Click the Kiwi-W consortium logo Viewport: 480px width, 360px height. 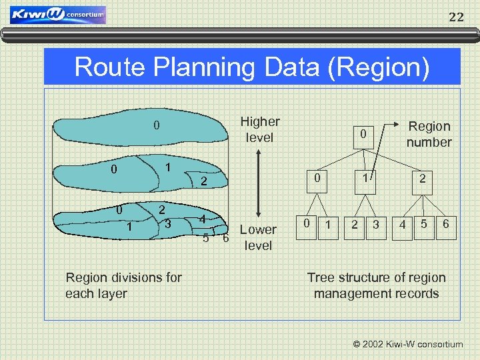coord(59,15)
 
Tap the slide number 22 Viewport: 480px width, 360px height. coord(456,17)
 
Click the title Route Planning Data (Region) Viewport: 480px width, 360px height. coord(252,67)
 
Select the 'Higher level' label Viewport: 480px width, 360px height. coord(259,129)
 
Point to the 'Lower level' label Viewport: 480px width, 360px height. coord(258,237)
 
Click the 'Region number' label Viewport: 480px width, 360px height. coord(429,134)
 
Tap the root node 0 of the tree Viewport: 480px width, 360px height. coord(363,135)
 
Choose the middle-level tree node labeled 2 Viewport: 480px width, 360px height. coord(423,179)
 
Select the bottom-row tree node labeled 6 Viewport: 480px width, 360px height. coord(445,225)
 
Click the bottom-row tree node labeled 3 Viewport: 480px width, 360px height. coord(376,225)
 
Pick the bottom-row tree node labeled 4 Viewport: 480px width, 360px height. coord(402,225)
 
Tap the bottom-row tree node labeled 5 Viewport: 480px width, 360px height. coord(423,225)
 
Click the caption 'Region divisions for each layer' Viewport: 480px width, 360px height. coord(123,285)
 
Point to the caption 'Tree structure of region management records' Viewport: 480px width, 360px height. coord(376,285)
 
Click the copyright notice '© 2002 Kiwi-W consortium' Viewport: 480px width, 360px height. coord(407,344)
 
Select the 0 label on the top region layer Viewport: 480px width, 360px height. coord(156,125)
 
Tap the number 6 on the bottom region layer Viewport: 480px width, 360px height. coord(226,238)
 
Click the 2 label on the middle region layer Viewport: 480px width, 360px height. coord(205,181)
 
